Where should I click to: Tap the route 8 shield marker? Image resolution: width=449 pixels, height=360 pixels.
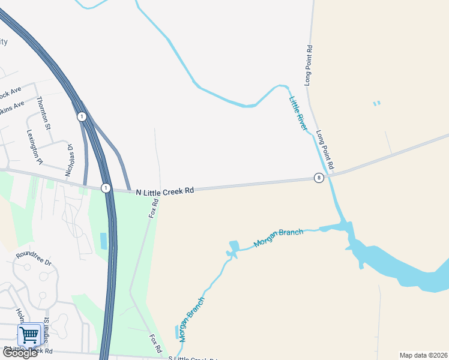tap(318, 178)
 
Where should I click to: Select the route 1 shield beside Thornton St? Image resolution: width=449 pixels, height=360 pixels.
tap(81, 116)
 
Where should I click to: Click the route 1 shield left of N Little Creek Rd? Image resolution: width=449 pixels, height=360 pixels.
tap(106, 188)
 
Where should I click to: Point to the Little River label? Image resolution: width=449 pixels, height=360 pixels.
tap(298, 113)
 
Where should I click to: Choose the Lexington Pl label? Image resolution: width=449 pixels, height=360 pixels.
tap(34, 147)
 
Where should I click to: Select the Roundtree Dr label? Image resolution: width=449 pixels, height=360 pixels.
tap(34, 259)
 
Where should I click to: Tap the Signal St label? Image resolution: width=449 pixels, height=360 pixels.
tap(46, 329)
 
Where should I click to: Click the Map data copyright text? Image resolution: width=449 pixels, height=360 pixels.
tap(424, 355)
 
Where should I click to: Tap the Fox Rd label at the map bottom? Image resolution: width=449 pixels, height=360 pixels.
tap(155, 343)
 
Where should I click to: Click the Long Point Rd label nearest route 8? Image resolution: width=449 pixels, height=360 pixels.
tap(325, 149)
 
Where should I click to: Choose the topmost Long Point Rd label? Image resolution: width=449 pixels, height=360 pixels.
tap(309, 65)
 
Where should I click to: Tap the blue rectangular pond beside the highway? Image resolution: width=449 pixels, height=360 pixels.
tap(104, 241)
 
